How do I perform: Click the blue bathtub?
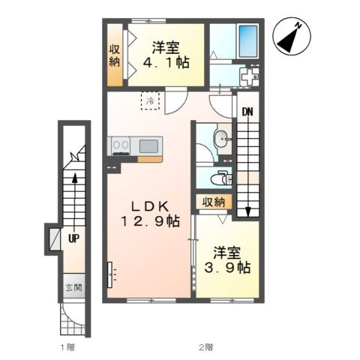pos(248,41)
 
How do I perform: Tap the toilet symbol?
pos(221,178)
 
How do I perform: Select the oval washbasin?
pos(220,138)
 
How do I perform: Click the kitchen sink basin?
pos(148,146)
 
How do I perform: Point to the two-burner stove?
pos(121,145)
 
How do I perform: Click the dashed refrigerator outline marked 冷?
pos(150,100)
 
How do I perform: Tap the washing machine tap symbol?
pos(250,76)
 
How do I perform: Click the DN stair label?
pos(247,112)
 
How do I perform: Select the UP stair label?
pos(74,239)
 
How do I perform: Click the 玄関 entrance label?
pos(74,288)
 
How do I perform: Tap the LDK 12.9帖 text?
pos(150,214)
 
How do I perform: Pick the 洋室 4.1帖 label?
pos(166,55)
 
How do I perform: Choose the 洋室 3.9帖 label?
pos(227,260)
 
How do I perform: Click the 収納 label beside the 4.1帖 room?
pos(115,55)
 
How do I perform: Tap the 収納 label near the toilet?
pos(214,202)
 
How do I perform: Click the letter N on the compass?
pos(298,25)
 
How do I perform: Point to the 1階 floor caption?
pos(67,347)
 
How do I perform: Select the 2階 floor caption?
pos(206,347)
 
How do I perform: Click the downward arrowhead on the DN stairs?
pos(247,212)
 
